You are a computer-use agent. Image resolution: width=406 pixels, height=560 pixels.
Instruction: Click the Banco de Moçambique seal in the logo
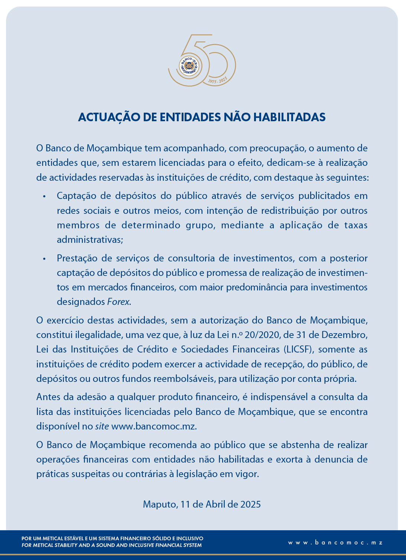(189, 66)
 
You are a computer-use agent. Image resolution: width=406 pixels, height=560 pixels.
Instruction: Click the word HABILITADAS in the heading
(289, 117)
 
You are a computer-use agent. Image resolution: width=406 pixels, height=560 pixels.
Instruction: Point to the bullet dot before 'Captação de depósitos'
(45, 196)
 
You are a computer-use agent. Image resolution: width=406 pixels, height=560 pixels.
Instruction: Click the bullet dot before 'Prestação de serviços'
(45, 259)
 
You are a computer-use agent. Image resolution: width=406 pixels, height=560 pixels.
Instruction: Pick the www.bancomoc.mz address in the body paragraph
(154, 426)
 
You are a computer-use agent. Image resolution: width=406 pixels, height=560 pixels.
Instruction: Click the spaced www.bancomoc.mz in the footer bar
(335, 543)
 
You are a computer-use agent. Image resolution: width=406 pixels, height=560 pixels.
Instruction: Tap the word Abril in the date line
(215, 504)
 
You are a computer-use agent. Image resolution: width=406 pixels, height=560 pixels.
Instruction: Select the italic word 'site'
(102, 426)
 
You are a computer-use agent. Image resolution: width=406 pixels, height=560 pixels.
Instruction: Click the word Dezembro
(344, 335)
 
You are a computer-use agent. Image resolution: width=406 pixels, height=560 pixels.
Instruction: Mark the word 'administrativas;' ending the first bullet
(90, 239)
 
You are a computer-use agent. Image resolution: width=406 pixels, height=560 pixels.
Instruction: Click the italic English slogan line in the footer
(111, 545)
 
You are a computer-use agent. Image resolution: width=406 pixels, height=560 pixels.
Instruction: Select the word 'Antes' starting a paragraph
(48, 397)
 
